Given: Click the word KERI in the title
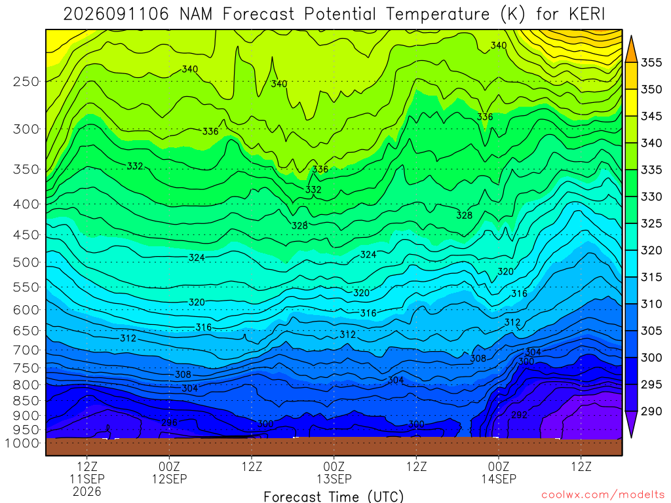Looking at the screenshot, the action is [587, 14].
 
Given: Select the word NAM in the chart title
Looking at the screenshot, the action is [196, 14].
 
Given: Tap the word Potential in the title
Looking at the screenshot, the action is [340, 14].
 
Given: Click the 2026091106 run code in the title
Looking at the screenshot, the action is [117, 14].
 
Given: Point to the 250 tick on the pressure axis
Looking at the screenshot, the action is [26, 81].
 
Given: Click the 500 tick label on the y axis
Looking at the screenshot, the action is [26, 262].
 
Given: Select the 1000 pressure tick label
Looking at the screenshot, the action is [22, 443].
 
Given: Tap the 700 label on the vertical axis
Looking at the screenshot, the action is [26, 350].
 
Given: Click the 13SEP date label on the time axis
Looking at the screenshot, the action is [334, 479].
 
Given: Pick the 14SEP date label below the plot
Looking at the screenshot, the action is [499, 479].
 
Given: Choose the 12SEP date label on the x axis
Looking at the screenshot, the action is [170, 479].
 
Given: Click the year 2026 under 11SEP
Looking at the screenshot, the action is [87, 491].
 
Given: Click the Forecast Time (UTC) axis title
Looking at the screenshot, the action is [334, 496].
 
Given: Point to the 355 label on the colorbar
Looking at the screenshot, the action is [651, 62].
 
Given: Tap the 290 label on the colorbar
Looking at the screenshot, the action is [651, 411].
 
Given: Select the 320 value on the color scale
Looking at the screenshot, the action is [651, 250].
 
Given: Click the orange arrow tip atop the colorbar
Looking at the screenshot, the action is [631, 37].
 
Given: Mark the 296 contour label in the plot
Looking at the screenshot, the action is [170, 422].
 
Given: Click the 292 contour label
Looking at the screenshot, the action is [519, 415].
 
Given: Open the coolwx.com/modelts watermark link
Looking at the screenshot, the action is [603, 495].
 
